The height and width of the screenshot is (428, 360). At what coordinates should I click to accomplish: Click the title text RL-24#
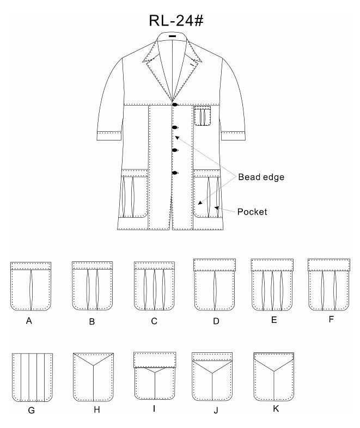click(176, 21)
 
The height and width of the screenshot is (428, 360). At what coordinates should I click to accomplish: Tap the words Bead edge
click(261, 177)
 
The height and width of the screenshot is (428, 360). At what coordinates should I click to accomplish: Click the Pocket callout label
click(252, 212)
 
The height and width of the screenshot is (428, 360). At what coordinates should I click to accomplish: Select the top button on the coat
click(175, 105)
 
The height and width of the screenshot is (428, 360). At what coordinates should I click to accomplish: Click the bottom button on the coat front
click(175, 173)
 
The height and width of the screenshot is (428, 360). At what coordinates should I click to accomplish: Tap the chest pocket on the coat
click(202, 116)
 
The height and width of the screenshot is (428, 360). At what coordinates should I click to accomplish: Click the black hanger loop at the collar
click(172, 36)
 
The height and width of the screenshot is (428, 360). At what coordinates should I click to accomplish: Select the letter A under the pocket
click(29, 321)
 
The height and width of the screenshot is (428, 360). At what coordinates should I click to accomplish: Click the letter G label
click(32, 410)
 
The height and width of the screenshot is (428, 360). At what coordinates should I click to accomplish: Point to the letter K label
click(276, 408)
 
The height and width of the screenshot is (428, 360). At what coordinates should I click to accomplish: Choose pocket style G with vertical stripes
click(32, 377)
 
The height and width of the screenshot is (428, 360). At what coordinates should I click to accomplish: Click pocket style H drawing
click(93, 377)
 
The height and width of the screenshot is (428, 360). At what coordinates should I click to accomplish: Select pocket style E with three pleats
click(272, 285)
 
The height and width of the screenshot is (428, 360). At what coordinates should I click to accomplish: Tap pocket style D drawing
click(215, 285)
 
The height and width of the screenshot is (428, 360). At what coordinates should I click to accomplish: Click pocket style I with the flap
click(155, 376)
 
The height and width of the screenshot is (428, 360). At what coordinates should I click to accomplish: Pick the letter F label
click(331, 319)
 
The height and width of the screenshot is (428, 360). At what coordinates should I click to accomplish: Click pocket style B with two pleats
click(92, 286)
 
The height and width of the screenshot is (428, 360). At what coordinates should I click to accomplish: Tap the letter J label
click(216, 410)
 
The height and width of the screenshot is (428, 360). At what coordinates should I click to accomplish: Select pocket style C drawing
click(154, 286)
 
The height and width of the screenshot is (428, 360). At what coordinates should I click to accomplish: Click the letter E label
click(274, 320)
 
